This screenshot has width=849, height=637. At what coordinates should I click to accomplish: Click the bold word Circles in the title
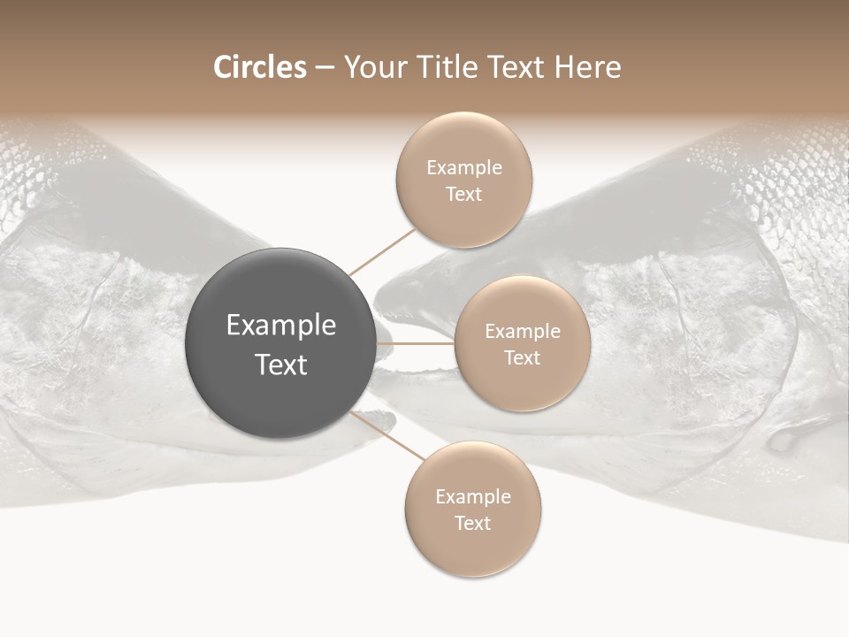(x=259, y=67)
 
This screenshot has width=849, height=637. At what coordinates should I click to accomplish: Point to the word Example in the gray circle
(x=281, y=326)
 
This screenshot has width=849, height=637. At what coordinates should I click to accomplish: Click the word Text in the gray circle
(x=281, y=365)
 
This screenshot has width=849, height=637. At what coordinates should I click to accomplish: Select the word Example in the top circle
(x=464, y=168)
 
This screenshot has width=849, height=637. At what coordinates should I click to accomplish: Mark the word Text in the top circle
(x=463, y=194)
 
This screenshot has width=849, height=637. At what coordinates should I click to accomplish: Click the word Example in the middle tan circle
(x=523, y=332)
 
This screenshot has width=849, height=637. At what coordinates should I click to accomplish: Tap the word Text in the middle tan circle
(x=522, y=357)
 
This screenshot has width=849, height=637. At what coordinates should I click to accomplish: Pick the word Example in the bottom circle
(x=473, y=497)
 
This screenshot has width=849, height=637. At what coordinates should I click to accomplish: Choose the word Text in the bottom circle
(x=472, y=523)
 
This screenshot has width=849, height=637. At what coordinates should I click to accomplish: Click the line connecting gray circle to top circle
(x=382, y=252)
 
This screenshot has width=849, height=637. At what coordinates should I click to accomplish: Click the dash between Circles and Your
(x=325, y=68)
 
